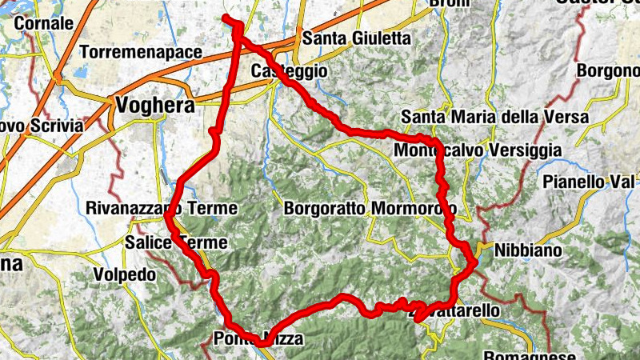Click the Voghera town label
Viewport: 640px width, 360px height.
[x=156, y=104]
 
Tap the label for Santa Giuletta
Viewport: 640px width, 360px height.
[x=356, y=38]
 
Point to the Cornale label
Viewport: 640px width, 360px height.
[x=44, y=24]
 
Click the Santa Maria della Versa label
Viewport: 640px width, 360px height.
[x=495, y=117]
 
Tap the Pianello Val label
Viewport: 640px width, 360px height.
[x=590, y=182]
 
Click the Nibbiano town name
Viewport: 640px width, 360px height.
[x=528, y=250]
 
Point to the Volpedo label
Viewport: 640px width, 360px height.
[x=124, y=274]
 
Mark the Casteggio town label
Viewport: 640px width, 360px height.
[x=289, y=71]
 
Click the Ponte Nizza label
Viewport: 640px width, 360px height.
[x=258, y=339]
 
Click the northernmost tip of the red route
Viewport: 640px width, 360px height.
[x=226, y=18]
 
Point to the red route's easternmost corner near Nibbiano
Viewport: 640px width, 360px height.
[x=475, y=261]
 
